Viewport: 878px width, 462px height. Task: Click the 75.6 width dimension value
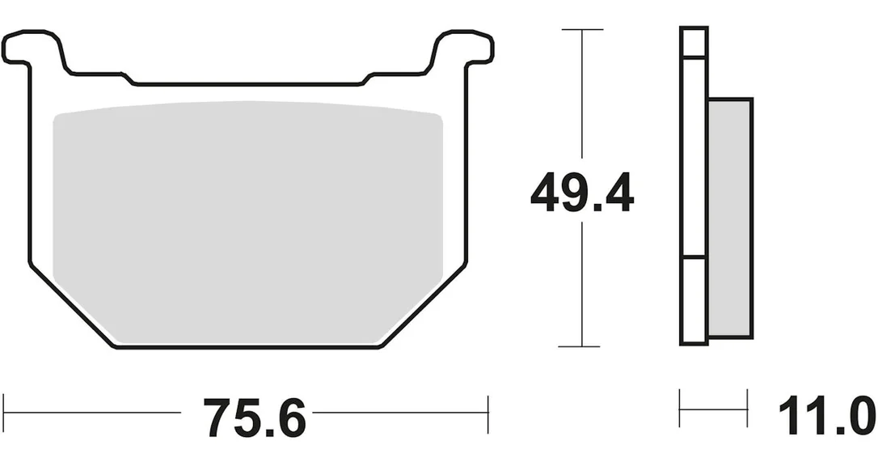pos(254,417)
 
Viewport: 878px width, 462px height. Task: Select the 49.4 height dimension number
pos(582,193)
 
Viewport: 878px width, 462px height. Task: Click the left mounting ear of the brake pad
pos(34,49)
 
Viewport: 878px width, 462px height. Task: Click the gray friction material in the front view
pos(247,223)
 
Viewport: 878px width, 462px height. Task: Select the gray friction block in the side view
pos(729,218)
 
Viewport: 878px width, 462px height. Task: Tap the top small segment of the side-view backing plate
pos(694,42)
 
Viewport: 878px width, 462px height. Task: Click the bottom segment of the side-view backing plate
pos(694,301)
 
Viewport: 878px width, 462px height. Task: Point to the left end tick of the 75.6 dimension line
pos(3,413)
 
